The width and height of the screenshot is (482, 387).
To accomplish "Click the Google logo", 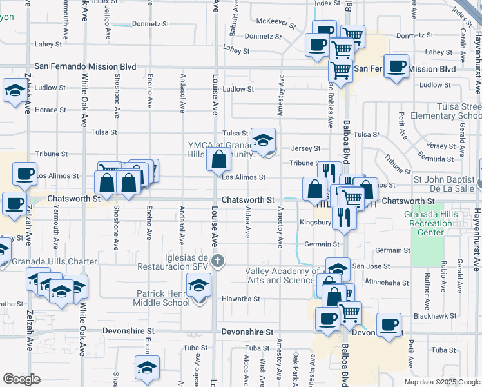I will [21, 379].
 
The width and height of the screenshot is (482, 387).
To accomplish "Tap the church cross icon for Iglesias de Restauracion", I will [218, 261].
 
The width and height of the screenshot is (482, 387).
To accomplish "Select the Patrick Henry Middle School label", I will [162, 298].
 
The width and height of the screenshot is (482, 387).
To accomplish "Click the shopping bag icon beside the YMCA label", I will [219, 159].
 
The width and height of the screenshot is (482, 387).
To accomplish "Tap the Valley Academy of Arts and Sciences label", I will [281, 275].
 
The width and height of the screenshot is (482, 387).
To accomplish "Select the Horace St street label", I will [50, 110].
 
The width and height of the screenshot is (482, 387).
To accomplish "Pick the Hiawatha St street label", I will [240, 299].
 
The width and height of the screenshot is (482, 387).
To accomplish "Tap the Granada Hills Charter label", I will [54, 261].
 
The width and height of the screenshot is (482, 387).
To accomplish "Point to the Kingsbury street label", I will [315, 223].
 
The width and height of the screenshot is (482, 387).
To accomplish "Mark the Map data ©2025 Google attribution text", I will [441, 382].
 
